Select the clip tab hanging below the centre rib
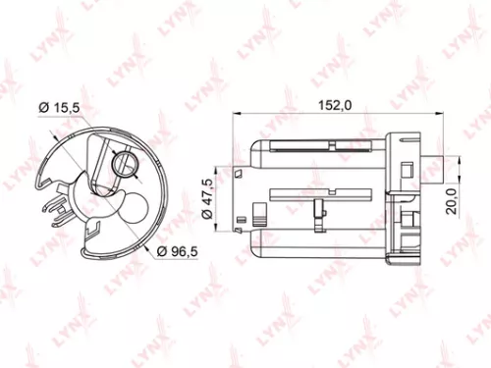click(x=319, y=208)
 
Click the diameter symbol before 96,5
click(x=159, y=252)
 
